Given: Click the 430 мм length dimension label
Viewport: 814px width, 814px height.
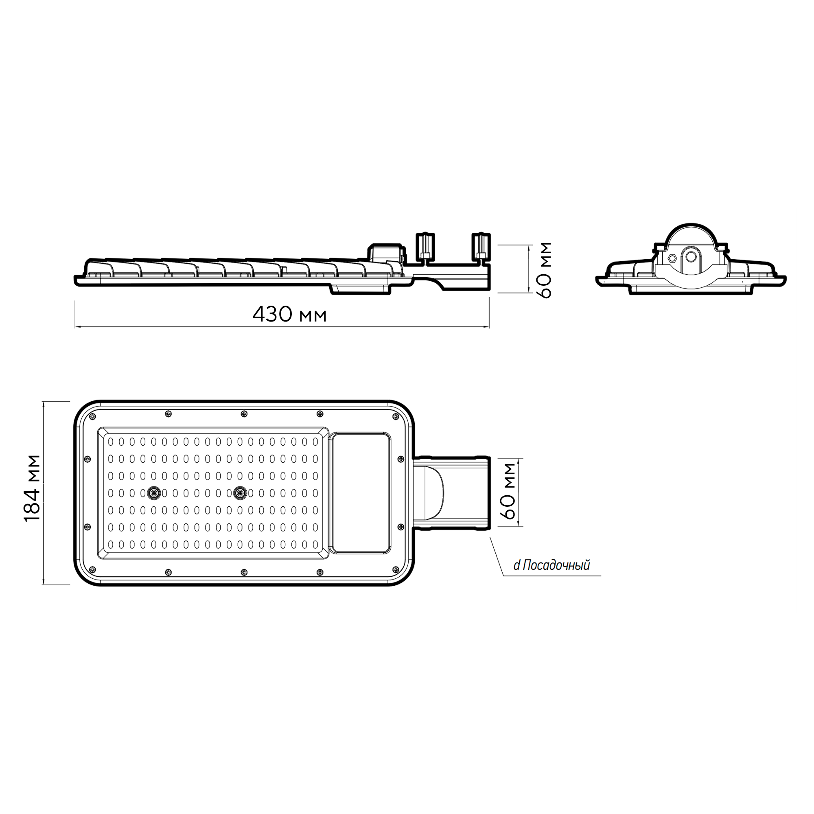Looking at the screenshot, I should coord(289,314).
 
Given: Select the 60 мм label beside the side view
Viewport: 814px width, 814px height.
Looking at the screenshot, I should coord(545,270).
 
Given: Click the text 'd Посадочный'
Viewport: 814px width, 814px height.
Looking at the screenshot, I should coord(551,566).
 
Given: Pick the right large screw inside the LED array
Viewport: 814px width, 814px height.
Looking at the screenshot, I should coord(240,492).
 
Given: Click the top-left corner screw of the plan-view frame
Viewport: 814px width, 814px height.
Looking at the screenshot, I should coord(92,416).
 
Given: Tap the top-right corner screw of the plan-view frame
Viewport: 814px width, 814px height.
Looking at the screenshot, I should coord(395,417).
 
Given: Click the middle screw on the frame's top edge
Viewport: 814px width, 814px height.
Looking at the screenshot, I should coord(244,414).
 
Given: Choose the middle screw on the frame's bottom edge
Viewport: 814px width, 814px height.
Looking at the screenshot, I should coord(244,572).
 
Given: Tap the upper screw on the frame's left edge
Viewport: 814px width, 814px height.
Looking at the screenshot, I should coord(88,458).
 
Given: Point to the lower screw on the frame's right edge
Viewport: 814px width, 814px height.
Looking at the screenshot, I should coord(400,527).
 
